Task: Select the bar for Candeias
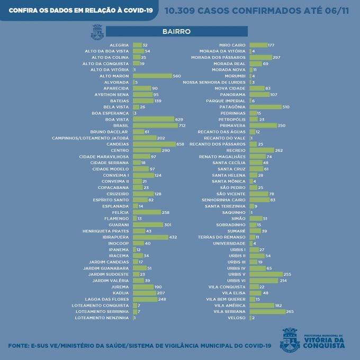pos(154,144)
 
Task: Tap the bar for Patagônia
pos(265,107)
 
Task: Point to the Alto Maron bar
pos(152,76)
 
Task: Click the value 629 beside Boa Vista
pos(179,119)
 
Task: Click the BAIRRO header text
pos(180,32)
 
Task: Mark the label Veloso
pos(237,318)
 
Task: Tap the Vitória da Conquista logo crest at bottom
pos(290,339)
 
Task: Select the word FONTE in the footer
pos(19,346)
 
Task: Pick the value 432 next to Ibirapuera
pos(173,237)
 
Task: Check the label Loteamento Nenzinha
pos(102,318)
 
